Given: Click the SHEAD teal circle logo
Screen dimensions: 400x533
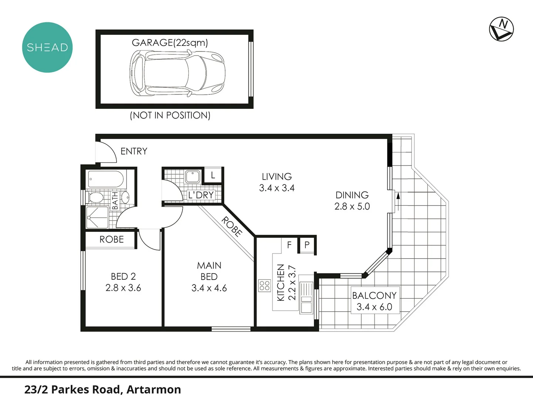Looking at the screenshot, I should coord(47,47).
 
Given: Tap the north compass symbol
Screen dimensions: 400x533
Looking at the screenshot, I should coord(501,29).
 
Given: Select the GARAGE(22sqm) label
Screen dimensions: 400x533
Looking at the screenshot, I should coord(170,43).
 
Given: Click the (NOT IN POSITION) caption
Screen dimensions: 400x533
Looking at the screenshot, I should coord(170,115).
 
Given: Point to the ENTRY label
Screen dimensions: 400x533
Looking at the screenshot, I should coord(134,151).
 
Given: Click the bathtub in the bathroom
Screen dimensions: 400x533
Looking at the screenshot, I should coord(106,179).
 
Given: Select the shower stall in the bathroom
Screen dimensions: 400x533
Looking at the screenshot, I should coord(97,217).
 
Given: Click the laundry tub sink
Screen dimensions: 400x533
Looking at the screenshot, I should coord(192,177).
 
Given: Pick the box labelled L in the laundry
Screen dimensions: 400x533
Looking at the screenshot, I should coord(213,175).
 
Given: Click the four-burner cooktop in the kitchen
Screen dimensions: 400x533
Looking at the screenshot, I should coord(265,286).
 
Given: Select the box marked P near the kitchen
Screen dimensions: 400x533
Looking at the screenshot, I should coord(307,245).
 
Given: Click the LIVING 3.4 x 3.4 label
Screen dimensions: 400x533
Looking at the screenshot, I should coord(276,182).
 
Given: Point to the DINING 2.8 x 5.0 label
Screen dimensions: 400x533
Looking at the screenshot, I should coord(352,200).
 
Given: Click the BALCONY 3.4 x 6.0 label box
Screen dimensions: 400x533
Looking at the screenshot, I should coord(374,301).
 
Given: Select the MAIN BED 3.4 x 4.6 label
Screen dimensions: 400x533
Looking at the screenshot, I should coord(209,277).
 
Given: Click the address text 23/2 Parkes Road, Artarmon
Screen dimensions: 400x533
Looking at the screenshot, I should coord(103,390).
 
